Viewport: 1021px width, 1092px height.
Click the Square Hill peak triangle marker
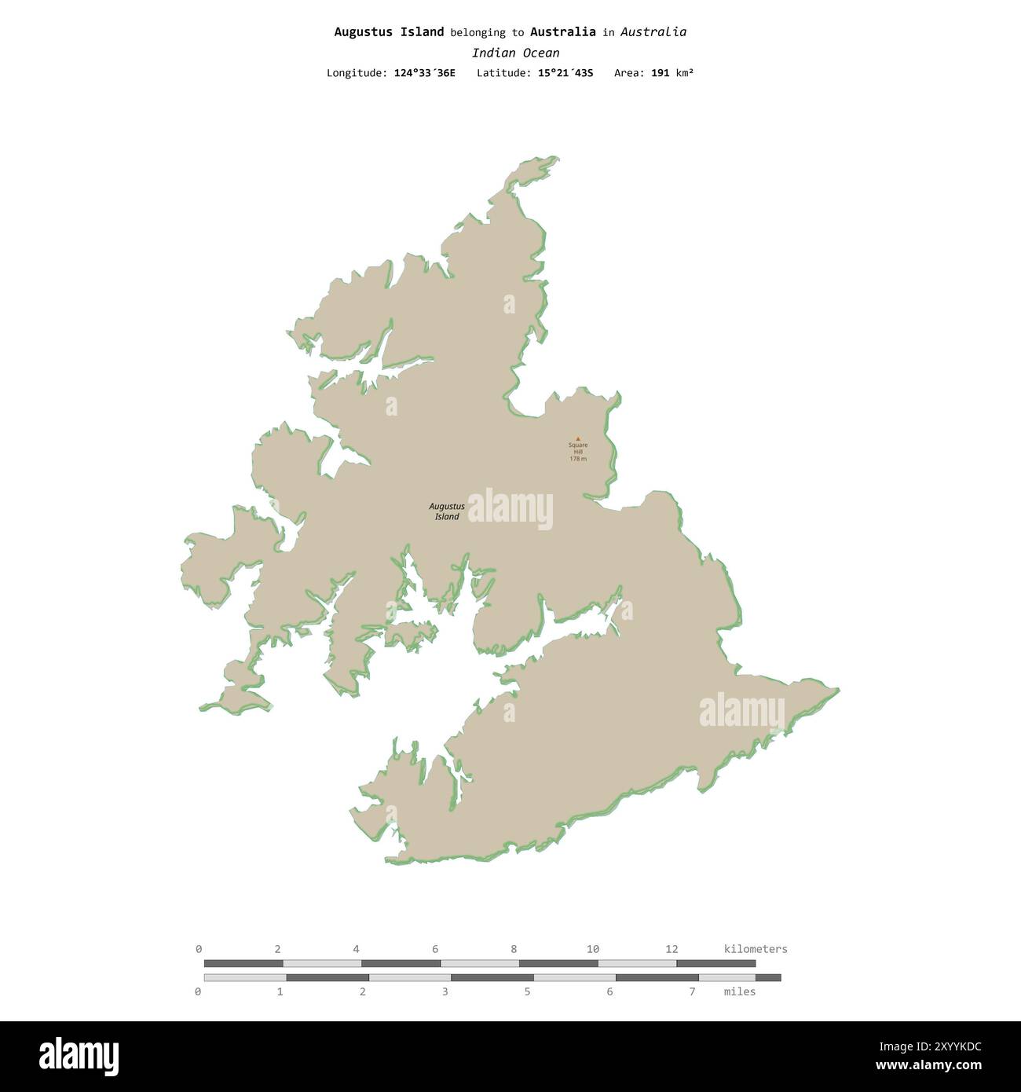point(578,438)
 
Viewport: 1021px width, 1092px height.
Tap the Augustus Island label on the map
point(447,511)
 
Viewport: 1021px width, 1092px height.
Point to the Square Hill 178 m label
point(578,452)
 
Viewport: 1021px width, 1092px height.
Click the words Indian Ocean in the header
point(515,53)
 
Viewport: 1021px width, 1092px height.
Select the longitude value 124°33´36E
point(424,73)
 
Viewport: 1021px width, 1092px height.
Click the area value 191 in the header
point(660,73)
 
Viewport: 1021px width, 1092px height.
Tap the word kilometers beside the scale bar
point(755,949)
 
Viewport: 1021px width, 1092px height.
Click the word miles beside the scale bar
point(739,991)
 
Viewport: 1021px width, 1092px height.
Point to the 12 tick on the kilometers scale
point(672,949)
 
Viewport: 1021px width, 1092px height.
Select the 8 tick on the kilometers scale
point(514,949)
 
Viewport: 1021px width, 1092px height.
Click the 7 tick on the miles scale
point(692,991)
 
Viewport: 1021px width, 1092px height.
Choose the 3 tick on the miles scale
point(445,991)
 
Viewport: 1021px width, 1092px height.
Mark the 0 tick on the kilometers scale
point(199,949)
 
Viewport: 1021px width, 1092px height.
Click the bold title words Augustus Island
point(389,32)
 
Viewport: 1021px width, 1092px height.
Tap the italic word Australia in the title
point(653,32)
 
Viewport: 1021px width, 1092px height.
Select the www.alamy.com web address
point(928,1066)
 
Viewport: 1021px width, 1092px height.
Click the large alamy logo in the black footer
point(79,1056)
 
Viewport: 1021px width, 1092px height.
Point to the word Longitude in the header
point(357,73)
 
